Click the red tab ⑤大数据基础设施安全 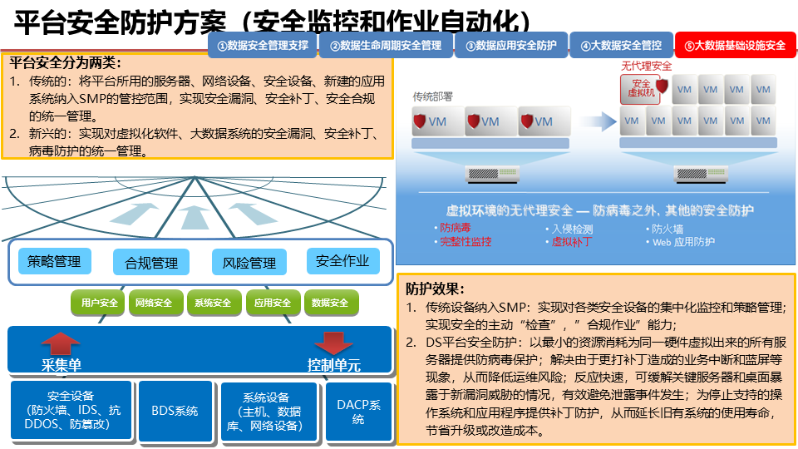coord(735,45)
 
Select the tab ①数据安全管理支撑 coord(263,45)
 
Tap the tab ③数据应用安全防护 coord(511,45)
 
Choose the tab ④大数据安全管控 coord(621,45)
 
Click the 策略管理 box coord(55,261)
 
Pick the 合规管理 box coord(151,262)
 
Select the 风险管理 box coord(249,262)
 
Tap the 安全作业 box coord(343,261)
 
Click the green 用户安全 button coord(99,303)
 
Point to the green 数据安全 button coord(331,303)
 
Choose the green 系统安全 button coord(213,303)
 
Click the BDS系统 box coord(175,411)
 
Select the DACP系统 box coord(359,412)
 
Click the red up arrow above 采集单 coord(61,343)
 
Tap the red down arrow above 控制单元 coord(333,343)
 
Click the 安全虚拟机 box coord(640,89)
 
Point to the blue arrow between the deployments coord(591,121)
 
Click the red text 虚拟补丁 coord(572,242)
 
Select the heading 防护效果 coord(435,289)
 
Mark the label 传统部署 coord(432,96)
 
